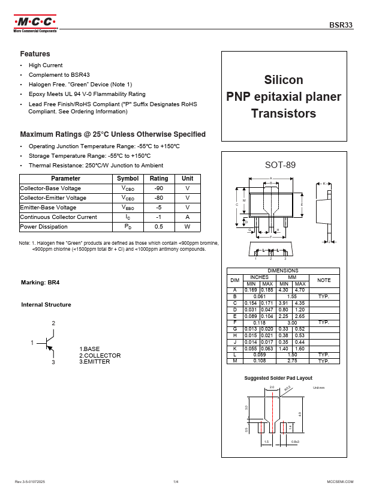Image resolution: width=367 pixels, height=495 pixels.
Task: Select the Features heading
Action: tap(35, 54)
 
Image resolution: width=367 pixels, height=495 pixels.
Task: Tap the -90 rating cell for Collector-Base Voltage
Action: tap(159, 188)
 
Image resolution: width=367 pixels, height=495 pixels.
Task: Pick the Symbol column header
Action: tap(128, 179)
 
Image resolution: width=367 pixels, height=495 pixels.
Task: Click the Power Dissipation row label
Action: tap(44, 227)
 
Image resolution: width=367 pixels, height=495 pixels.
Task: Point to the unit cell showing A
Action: tap(188, 217)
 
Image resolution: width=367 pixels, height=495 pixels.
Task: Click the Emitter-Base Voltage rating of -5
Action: tap(159, 208)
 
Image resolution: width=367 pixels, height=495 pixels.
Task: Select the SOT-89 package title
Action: tap(280, 165)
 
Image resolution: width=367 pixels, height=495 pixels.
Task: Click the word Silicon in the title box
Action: tap(284, 80)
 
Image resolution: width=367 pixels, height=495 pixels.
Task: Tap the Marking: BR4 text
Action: tap(40, 282)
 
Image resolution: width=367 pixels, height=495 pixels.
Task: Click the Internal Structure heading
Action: tap(46, 305)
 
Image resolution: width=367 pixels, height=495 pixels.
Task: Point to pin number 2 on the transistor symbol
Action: tap(53, 323)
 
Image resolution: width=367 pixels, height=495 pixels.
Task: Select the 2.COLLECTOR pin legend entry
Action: tap(100, 355)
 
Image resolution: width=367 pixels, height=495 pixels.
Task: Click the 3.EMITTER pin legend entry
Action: tap(95, 362)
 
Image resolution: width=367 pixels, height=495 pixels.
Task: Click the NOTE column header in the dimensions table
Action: tap(324, 280)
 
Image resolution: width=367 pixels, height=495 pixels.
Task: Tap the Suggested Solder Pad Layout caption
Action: tap(278, 379)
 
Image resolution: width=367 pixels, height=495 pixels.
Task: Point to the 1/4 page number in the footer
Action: tap(176, 482)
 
